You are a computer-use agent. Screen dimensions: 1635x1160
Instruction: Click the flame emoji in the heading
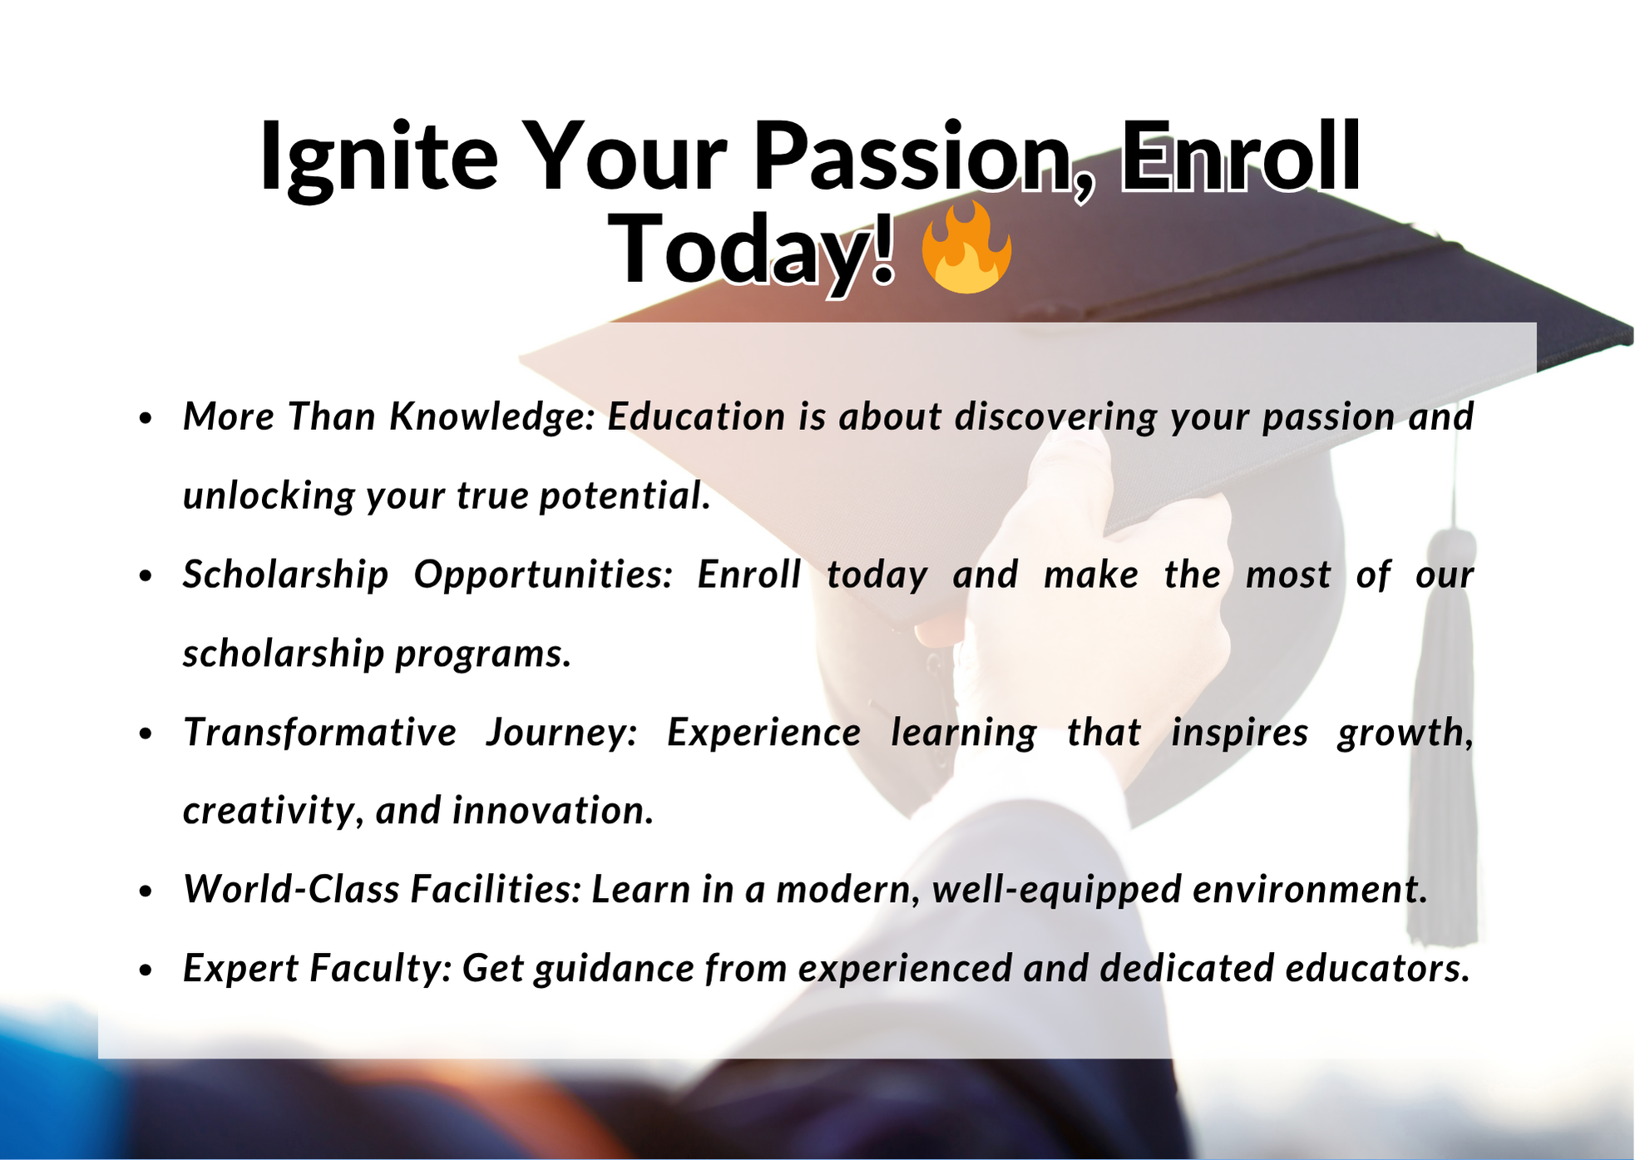(966, 247)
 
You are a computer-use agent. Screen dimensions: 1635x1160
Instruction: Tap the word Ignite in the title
(379, 159)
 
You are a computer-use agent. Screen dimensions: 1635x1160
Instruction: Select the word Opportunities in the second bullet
(544, 575)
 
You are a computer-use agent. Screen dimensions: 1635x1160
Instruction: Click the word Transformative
(320, 733)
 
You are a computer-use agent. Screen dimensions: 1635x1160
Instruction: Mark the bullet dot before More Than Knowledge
(146, 418)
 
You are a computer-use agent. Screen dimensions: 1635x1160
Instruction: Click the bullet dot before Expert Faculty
(146, 970)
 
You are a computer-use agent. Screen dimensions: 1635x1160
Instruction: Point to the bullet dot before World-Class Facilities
(146, 891)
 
